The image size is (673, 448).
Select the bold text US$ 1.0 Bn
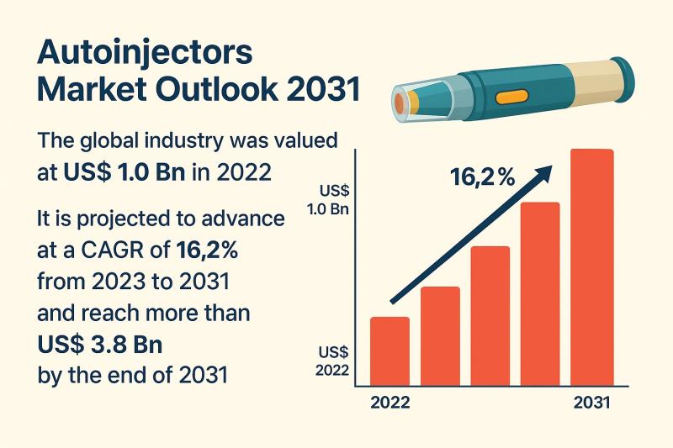tap(125, 172)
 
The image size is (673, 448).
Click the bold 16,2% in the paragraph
tap(207, 250)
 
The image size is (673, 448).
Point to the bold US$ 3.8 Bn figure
tap(100, 345)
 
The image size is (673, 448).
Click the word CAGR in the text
tap(113, 250)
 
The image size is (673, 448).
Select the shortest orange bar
tap(389, 351)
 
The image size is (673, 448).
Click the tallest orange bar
tap(592, 267)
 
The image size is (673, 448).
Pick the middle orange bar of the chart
tap(490, 316)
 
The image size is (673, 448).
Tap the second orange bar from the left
tap(440, 336)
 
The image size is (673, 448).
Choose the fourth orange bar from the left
tap(540, 294)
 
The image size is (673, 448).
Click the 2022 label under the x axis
tap(389, 403)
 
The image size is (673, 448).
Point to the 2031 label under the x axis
tap(592, 403)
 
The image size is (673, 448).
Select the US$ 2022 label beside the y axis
tap(332, 361)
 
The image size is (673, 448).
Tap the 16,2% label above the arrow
tap(483, 177)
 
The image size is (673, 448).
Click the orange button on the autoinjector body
tap(511, 97)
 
